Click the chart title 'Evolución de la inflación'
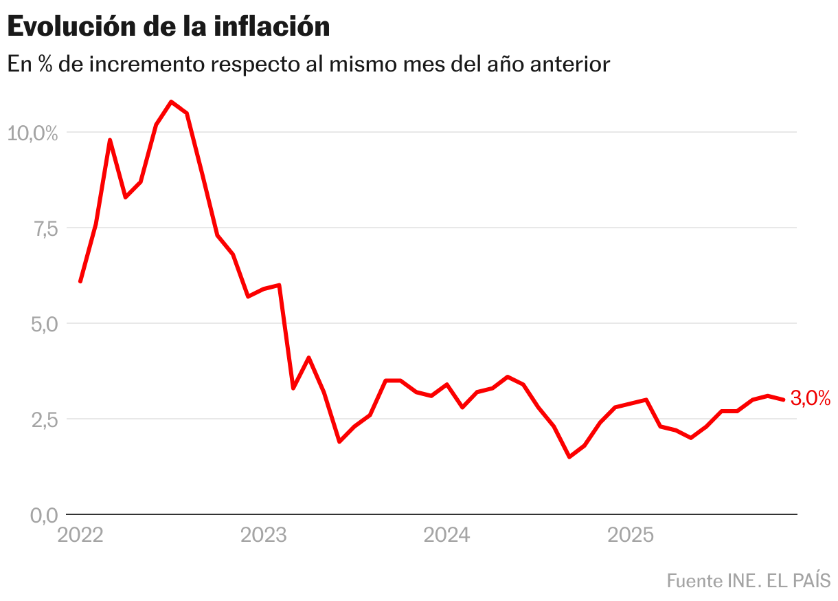[169, 27]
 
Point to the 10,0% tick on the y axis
[32, 133]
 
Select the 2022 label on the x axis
[80, 535]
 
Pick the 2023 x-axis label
[263, 535]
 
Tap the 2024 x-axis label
[446, 535]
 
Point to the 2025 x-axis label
[630, 535]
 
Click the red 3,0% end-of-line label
[811, 398]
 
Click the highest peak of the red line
[171, 102]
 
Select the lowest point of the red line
[569, 457]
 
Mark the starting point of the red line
[80, 281]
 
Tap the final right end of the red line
[784, 400]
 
